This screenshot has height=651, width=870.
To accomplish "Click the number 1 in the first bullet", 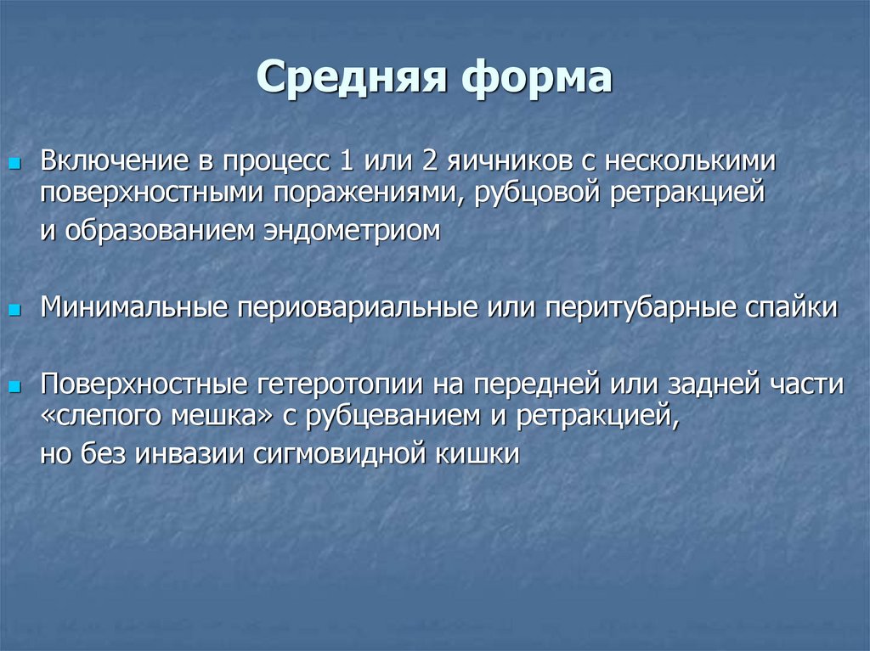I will [x=346, y=160].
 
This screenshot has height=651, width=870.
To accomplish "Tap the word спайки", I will [x=795, y=306].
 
